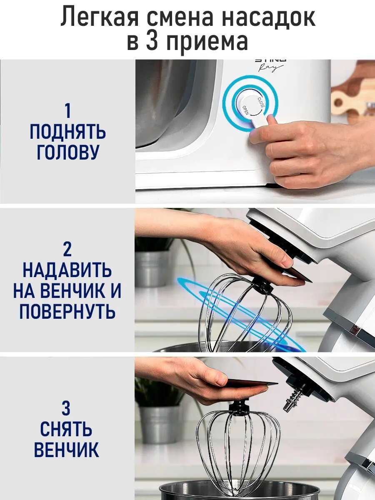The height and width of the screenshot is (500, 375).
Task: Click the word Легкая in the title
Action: click(x=100, y=17)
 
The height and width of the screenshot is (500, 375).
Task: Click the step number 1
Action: click(x=67, y=111)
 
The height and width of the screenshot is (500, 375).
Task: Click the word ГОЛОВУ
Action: click(x=67, y=152)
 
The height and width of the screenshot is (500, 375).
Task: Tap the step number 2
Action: click(x=67, y=250)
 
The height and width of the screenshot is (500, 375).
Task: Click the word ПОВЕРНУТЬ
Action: click(x=67, y=311)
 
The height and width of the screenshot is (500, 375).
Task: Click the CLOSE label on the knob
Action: click(x=261, y=102)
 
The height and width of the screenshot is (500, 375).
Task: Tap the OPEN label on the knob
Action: click(x=246, y=110)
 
